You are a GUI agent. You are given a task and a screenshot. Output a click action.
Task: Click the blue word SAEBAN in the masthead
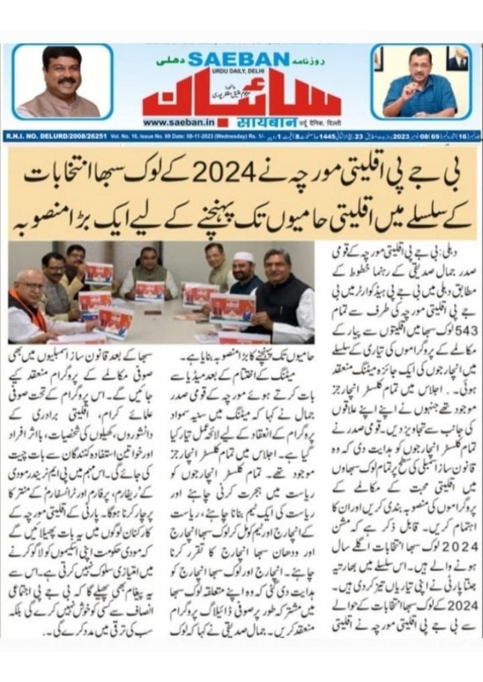238,59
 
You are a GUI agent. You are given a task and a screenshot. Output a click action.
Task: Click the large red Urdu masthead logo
241,97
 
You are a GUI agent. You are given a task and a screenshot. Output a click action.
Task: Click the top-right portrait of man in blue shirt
421,82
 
